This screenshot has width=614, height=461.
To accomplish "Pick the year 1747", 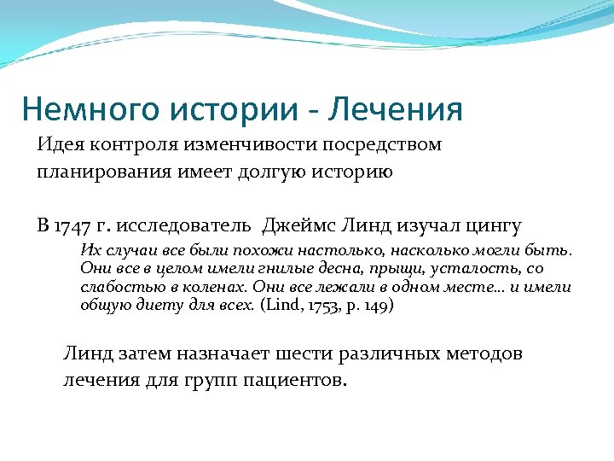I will point(72,225).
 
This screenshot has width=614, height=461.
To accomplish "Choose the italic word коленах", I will point(213,287).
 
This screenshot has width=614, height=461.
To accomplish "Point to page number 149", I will point(375,305).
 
